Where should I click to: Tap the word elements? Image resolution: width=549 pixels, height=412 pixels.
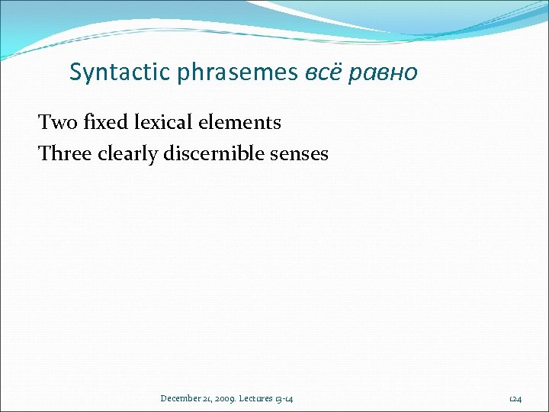pyautogui.click(x=242, y=122)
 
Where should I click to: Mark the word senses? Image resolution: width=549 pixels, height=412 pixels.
pyautogui.click(x=301, y=154)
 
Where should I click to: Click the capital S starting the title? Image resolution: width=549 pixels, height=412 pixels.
pyautogui.click(x=75, y=72)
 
